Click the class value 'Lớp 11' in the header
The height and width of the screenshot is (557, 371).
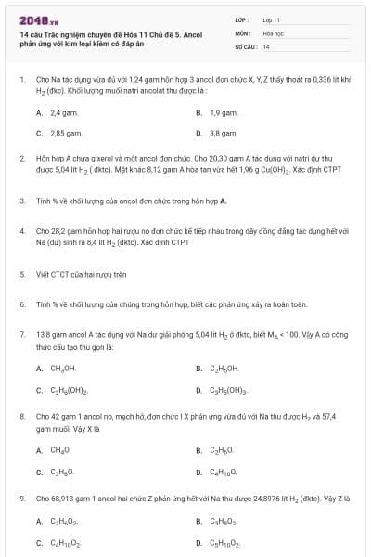click(x=272, y=19)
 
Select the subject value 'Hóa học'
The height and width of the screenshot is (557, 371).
click(x=273, y=32)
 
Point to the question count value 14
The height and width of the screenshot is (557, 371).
click(x=266, y=45)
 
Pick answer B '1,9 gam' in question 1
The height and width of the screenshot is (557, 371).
click(x=222, y=112)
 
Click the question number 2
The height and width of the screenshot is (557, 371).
click(x=21, y=159)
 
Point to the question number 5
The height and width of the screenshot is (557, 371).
click(x=21, y=249)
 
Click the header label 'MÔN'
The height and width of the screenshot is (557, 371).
click(x=239, y=32)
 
